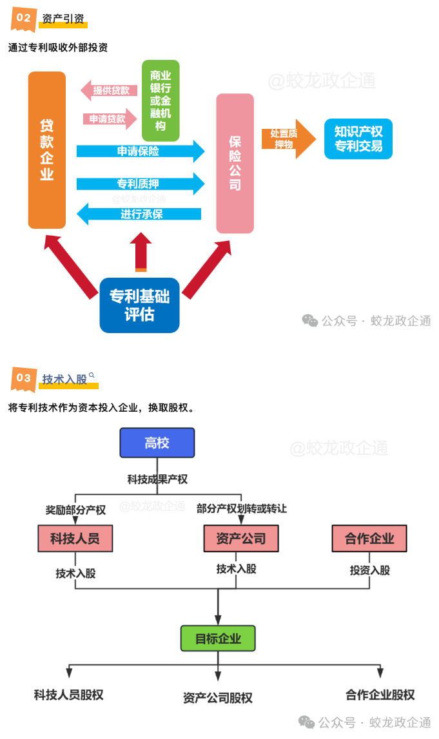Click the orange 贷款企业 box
pos(47,149)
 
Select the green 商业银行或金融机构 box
pos(161,100)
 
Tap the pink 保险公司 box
pos(235,163)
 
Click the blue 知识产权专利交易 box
pos(358,139)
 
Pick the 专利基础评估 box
pos(139,305)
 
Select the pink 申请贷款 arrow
pos(110,119)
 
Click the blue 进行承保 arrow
pos(139,214)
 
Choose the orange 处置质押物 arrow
pos(287,139)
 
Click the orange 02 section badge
pos(23,18)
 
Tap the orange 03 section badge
pos(23,378)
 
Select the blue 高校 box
pos(157,443)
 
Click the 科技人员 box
pos(75,539)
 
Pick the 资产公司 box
pos(240,539)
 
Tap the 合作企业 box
pos(369,539)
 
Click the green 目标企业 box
pos(218,638)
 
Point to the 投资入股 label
pos(370,570)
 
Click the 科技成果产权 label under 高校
pos(157,479)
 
